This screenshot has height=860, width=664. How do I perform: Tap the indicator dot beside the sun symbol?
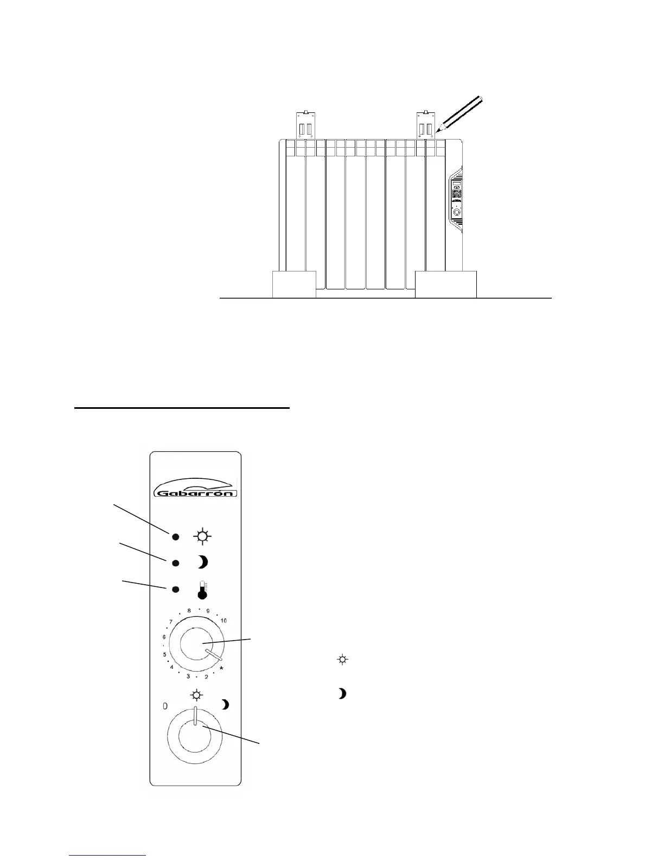[176, 537]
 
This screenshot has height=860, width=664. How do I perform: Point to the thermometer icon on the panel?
[202, 590]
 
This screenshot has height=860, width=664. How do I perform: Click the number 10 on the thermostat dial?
[224, 621]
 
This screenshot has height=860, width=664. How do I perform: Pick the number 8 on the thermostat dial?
[189, 611]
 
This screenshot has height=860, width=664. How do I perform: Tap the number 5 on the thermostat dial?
[165, 655]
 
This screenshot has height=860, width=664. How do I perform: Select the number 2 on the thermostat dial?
[206, 677]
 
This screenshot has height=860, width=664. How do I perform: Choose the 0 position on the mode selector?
[165, 706]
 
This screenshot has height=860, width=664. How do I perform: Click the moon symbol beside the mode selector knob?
[225, 705]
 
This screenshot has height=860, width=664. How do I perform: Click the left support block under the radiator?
[294, 284]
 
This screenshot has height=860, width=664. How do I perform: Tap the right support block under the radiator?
[445, 284]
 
